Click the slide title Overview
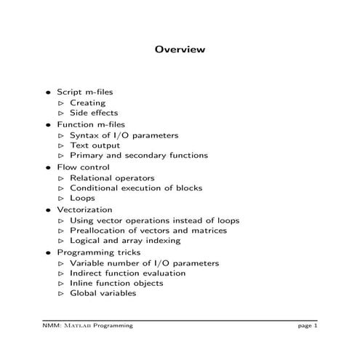pos(180,49)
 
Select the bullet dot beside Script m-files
pos(49,93)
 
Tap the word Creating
pos(87,103)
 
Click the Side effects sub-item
pos(93,113)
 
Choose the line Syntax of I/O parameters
pos(124,135)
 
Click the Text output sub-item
pos(95,145)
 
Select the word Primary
pos(86,156)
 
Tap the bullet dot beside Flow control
pos(49,167)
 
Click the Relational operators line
pos(112,177)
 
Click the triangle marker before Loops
pos(62,198)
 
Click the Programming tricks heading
pos(93,252)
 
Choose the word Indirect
pos(85,273)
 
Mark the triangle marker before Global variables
pos(62,293)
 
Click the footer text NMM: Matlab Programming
pos(87,326)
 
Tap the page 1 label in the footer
pos(308,326)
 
